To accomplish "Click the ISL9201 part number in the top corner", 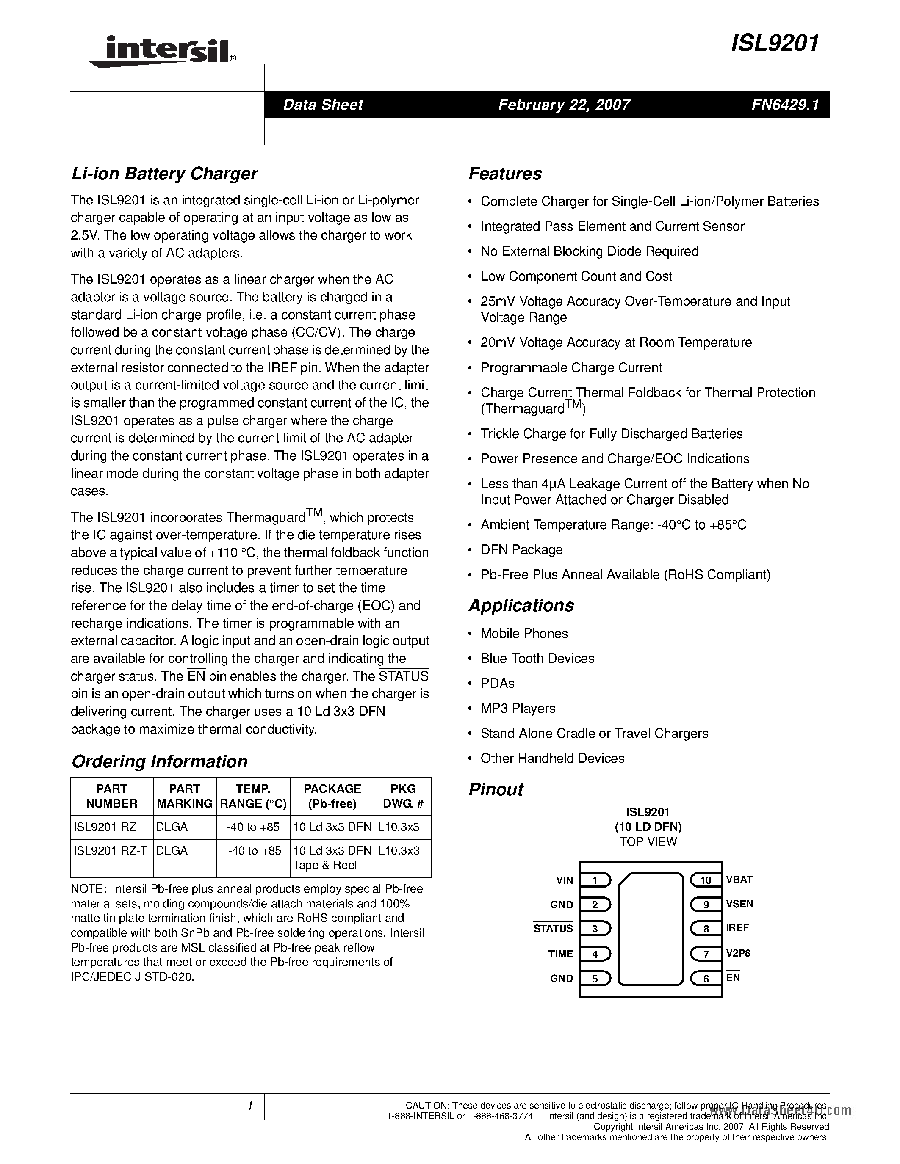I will [775, 43].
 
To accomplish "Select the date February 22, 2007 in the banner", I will [564, 105].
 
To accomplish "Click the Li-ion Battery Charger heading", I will [164, 174].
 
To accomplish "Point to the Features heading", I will [505, 174].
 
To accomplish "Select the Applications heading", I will [521, 605].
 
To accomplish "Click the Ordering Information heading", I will [159, 761].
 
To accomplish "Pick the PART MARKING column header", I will [185, 796].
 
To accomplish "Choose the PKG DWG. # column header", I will [403, 796].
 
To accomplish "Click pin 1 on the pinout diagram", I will [595, 880].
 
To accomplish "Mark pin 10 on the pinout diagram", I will [706, 880].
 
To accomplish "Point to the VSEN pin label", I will [739, 904].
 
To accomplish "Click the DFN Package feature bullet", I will [521, 549].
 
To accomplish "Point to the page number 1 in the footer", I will [249, 1106].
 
